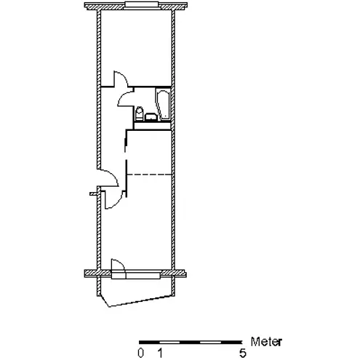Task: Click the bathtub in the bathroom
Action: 163,105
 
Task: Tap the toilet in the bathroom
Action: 139,113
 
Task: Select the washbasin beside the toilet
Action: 151,117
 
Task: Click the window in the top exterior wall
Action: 142,5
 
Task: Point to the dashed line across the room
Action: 149,175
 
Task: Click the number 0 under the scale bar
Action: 140,353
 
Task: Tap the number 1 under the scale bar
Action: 160,353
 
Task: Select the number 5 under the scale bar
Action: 243,353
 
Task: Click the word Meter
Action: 266,342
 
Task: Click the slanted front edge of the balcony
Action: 140,300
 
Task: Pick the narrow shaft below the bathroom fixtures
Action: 153,126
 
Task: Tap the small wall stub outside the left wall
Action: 94,193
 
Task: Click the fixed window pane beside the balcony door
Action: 143,276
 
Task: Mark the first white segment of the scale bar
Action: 169,343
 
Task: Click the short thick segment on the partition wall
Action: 126,145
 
